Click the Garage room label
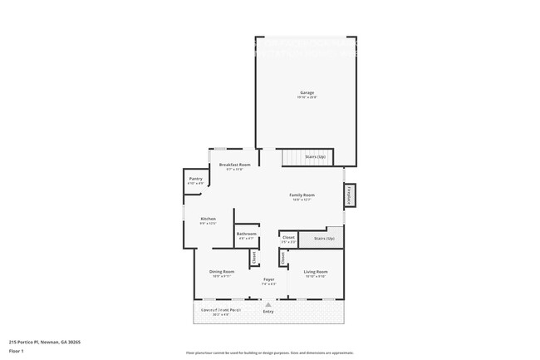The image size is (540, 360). (307, 92)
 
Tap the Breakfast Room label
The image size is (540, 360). (234, 165)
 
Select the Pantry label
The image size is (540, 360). (195, 179)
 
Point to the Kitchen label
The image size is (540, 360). (208, 219)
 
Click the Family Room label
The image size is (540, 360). (302, 195)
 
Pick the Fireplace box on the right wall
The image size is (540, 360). (349, 195)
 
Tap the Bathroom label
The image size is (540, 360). (246, 234)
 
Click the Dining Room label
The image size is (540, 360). (221, 272)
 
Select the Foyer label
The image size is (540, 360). (269, 279)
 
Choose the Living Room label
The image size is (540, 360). (316, 272)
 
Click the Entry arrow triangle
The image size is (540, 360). (268, 304)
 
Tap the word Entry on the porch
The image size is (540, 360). (268, 312)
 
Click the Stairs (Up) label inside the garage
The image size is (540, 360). (315, 156)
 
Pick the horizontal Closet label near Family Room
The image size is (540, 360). (288, 238)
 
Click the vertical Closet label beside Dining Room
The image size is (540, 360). (254, 258)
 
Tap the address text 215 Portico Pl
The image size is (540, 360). (45, 342)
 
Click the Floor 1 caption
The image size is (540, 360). (17, 351)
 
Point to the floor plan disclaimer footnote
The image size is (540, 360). (269, 353)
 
